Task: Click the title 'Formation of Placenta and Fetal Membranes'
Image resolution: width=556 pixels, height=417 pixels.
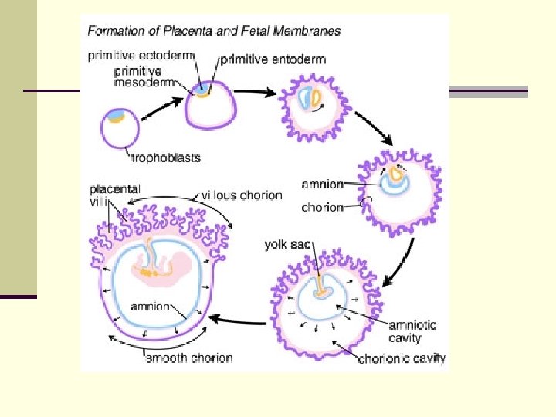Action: click(x=214, y=32)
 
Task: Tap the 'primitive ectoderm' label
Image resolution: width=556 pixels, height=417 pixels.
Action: click(x=141, y=55)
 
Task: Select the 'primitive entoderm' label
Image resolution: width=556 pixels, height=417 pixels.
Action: click(x=273, y=59)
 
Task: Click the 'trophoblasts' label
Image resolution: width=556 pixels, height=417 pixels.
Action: click(x=165, y=158)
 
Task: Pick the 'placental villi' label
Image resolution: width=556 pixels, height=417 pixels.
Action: click(x=114, y=195)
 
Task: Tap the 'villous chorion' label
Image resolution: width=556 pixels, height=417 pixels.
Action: click(x=242, y=195)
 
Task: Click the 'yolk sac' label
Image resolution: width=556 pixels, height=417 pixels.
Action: click(x=287, y=246)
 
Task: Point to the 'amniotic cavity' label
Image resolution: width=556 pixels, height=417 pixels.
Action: click(x=411, y=331)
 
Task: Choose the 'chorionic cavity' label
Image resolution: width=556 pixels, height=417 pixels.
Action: click(x=402, y=358)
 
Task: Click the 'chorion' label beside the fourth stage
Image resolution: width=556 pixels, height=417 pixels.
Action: click(x=322, y=207)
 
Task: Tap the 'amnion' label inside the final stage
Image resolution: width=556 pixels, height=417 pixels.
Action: click(x=150, y=307)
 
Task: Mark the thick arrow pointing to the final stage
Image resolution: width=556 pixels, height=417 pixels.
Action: click(x=239, y=319)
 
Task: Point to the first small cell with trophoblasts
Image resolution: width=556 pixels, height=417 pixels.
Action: click(x=120, y=127)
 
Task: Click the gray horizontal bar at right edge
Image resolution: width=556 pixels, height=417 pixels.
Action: click(x=488, y=92)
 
